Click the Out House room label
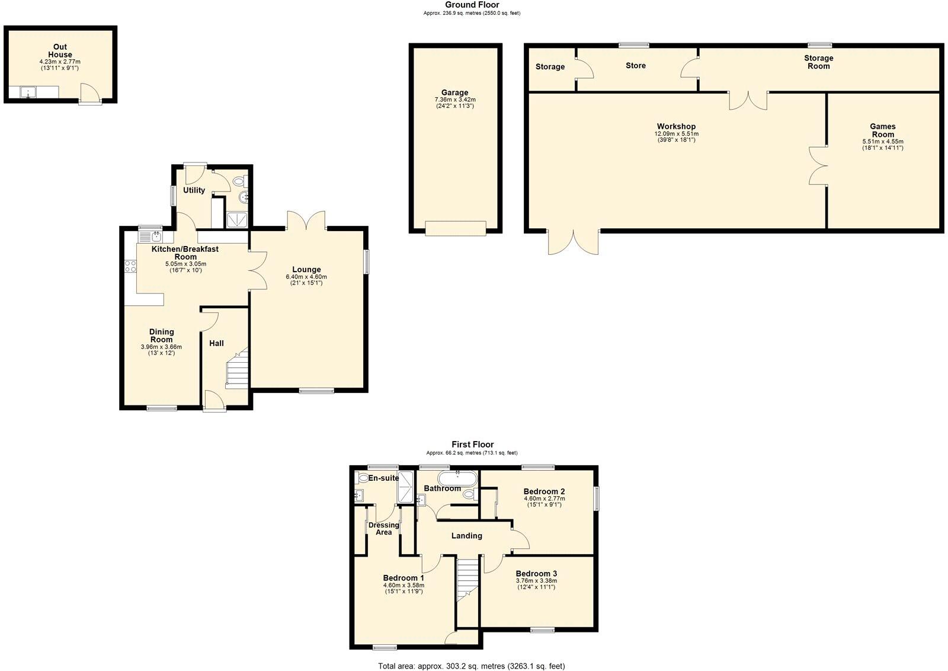(60, 50)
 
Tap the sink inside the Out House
(28, 92)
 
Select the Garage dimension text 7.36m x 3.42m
(454, 100)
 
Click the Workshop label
(676, 126)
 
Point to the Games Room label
(882, 130)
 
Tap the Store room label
(635, 66)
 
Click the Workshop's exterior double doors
(573, 242)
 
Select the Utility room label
(194, 190)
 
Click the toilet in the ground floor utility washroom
(239, 181)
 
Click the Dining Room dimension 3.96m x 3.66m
(161, 347)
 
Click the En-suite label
(383, 478)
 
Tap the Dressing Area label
(383, 529)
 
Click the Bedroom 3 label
(536, 574)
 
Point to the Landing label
(466, 536)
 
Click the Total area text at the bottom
(472, 666)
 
